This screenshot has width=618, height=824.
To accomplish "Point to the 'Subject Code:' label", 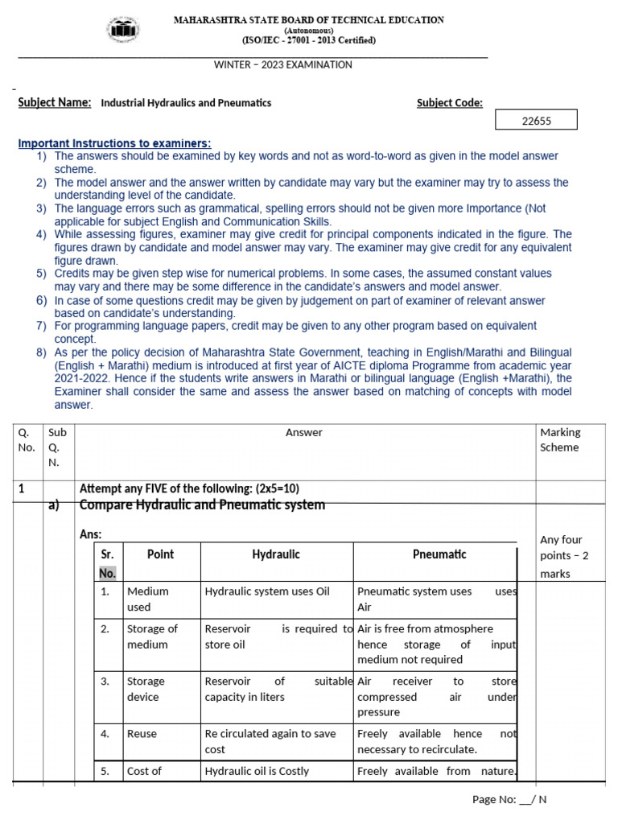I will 449,102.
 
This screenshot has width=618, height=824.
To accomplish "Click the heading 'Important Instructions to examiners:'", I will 114,143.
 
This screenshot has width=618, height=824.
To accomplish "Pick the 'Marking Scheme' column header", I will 560,439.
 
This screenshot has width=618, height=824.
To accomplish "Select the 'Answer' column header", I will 304,432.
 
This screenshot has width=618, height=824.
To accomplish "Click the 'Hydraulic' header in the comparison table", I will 276,554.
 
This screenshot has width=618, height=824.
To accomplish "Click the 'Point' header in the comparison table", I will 160,554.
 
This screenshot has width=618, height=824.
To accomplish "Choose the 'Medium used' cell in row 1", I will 148,599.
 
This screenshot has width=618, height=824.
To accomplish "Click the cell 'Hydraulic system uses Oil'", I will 267,591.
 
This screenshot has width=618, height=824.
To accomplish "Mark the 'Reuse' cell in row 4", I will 142,734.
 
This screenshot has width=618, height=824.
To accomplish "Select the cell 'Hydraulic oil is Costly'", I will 257,771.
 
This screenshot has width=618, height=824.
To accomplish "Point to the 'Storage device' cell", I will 146,689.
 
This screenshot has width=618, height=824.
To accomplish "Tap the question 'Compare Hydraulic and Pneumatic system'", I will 202,505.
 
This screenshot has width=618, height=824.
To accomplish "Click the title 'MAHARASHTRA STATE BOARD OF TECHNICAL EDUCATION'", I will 310,20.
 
